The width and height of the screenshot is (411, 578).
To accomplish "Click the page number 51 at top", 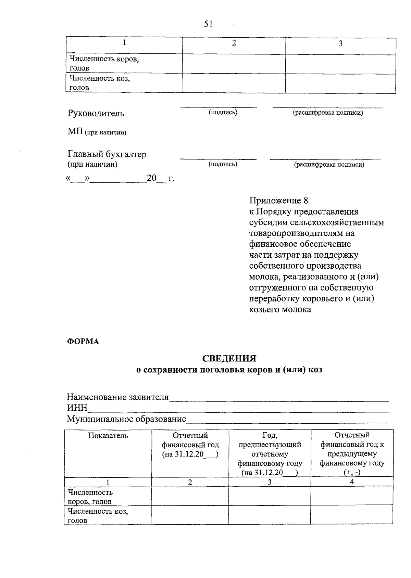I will pos(208,24).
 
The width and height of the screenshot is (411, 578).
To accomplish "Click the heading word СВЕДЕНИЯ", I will pos(229,358).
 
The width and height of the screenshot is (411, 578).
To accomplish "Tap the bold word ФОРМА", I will pos(83,342).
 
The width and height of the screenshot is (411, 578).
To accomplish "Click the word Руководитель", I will pos(96,113).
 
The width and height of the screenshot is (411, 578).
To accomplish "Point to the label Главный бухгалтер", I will pos(107,154).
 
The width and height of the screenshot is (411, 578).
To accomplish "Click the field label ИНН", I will pos(77,408).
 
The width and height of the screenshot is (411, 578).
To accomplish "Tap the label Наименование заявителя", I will pos(117,397).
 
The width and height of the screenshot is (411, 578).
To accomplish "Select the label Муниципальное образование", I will pos(126,419).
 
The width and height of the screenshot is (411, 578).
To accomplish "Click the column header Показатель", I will pos(108,435).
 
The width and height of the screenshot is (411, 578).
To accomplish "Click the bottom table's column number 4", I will pos(352,481).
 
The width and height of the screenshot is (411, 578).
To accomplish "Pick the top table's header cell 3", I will pos(340,43).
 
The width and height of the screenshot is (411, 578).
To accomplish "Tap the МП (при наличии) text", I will pos(97,132).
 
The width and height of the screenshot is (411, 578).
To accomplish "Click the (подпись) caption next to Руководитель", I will pos(223,112).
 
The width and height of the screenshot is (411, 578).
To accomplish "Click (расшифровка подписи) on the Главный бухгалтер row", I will pos(329,165).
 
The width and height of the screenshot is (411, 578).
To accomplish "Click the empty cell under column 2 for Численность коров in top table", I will pos(234,64).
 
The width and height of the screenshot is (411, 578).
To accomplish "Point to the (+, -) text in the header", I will pos(352,473).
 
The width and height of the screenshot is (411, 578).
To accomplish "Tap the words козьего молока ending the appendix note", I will pos(280,310).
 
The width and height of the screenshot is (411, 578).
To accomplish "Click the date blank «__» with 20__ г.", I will pos(120,178).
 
